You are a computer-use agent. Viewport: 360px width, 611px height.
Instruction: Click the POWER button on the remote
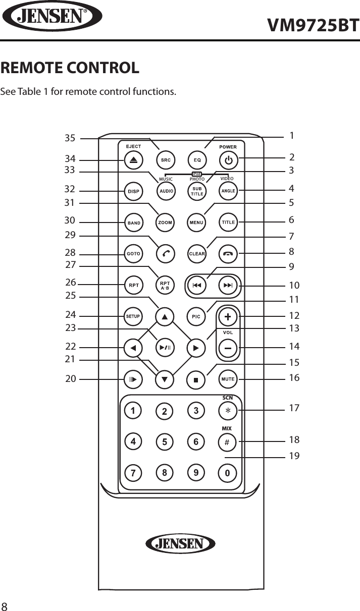click(228, 160)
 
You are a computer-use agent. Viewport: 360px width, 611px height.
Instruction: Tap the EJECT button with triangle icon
click(133, 160)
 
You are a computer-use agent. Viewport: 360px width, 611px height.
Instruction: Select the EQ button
click(197, 160)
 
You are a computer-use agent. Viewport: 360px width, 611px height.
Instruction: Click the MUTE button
click(228, 378)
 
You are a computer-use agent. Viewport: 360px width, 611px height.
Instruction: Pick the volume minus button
click(228, 348)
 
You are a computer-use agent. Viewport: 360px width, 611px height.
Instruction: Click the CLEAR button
click(197, 254)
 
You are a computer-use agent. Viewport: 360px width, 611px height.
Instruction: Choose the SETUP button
click(133, 316)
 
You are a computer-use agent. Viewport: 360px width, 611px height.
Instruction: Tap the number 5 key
click(165, 442)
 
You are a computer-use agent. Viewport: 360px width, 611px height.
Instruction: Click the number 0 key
click(227, 473)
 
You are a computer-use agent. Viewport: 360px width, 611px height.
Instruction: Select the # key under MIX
click(227, 442)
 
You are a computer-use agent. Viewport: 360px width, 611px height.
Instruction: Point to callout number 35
click(70, 138)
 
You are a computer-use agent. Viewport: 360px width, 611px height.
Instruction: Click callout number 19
click(294, 456)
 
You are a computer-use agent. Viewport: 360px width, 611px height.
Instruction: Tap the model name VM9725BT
click(313, 24)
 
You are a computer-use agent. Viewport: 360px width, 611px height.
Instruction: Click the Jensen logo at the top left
click(52, 17)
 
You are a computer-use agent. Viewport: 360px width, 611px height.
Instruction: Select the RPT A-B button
click(165, 286)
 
